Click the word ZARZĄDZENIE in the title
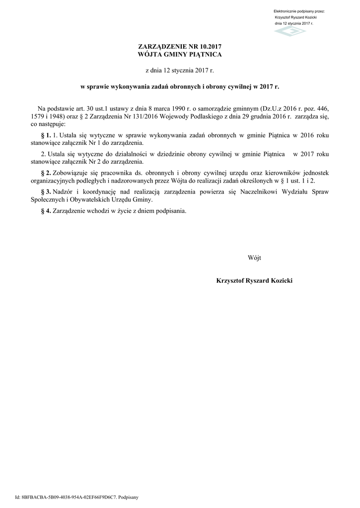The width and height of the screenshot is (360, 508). tap(161, 46)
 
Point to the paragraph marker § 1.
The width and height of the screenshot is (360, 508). tap(45, 135)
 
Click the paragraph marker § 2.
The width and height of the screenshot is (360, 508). tap(45, 173)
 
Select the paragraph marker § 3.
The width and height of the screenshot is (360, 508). tap(45, 191)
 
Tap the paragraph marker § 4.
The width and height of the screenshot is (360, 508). tap(45, 210)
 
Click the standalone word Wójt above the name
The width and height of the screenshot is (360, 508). tap(254, 257)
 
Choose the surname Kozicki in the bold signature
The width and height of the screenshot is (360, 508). tap(280, 281)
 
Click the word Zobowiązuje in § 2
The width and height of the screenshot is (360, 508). tap(71, 173)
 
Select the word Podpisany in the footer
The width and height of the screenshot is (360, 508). tap(128, 497)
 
